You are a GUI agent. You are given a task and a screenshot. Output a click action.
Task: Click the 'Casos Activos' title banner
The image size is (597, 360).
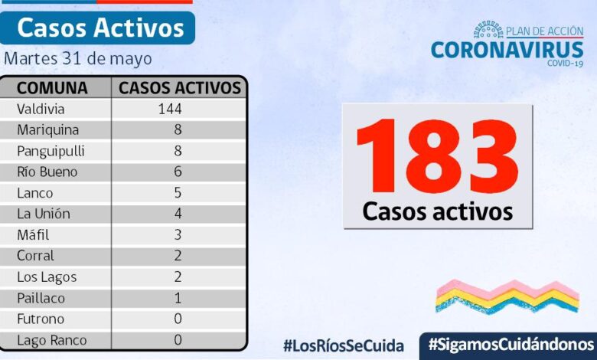(99, 28)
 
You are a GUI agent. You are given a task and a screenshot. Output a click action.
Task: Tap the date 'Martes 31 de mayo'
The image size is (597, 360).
(78, 59)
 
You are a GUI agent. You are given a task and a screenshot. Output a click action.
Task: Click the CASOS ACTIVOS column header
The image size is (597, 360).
(180, 87)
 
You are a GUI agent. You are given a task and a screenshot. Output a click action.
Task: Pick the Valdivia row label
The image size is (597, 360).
(41, 109)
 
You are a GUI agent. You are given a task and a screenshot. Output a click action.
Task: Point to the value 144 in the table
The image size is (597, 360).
(169, 109)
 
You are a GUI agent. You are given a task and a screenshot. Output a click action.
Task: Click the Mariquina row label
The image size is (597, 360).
(47, 129)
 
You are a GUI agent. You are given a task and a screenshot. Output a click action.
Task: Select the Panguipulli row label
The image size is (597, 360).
(51, 151)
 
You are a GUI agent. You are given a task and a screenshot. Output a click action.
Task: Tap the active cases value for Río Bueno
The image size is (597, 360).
(178, 172)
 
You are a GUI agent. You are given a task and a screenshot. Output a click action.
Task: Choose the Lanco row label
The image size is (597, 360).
(35, 193)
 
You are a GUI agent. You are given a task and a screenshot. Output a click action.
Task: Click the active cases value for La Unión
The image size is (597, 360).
(178, 214)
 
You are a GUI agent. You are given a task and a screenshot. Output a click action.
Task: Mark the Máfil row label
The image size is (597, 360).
(34, 235)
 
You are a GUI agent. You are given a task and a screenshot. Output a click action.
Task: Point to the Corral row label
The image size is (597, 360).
(36, 256)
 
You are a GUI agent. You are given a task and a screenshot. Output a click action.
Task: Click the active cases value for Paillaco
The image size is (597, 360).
(178, 298)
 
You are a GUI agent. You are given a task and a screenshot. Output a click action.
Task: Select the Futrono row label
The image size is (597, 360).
(41, 319)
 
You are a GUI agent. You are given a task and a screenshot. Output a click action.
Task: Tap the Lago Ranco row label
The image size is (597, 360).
(52, 340)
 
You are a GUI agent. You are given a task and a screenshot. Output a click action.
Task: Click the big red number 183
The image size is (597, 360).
(437, 157)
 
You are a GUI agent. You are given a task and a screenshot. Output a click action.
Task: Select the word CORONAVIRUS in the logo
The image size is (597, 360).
(507, 50)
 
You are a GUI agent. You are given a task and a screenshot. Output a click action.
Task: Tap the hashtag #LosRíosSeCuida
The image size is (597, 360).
(344, 345)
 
